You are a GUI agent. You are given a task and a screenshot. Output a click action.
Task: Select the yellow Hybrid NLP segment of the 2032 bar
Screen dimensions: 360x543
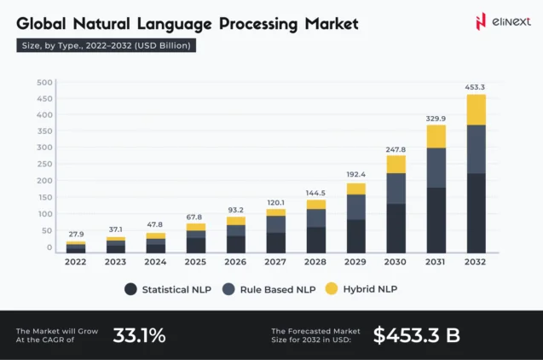pyautogui.click(x=476, y=109)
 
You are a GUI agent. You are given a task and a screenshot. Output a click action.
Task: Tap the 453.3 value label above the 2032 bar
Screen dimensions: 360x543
pyautogui.click(x=476, y=86)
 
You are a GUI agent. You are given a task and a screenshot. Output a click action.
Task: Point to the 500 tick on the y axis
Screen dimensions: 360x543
pyautogui.click(x=44, y=83)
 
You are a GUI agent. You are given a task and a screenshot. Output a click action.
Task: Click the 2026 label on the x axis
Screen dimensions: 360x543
pyautogui.click(x=236, y=262)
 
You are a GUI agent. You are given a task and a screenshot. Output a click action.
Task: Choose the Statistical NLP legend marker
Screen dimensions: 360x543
pyautogui.click(x=130, y=289)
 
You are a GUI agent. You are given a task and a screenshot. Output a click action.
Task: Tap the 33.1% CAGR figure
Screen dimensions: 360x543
pyautogui.click(x=139, y=335)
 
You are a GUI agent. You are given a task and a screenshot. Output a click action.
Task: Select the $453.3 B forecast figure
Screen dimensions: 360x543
pyautogui.click(x=416, y=335)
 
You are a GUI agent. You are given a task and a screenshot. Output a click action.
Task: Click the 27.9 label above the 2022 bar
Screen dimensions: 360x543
pyautogui.click(x=76, y=234)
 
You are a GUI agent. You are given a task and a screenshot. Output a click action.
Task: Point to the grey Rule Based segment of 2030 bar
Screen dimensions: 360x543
pyautogui.click(x=396, y=188)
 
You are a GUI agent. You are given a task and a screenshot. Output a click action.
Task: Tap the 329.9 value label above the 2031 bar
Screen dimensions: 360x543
pyautogui.click(x=436, y=118)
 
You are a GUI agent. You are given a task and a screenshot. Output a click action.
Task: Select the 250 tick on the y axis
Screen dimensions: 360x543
pyautogui.click(x=44, y=165)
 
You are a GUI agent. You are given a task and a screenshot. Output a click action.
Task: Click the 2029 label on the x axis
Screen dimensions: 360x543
pyautogui.click(x=356, y=262)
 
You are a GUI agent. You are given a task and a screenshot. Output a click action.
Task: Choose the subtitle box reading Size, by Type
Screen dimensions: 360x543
pyautogui.click(x=107, y=45)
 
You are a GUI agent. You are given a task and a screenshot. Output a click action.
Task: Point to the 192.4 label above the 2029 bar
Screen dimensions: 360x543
pyautogui.click(x=356, y=175)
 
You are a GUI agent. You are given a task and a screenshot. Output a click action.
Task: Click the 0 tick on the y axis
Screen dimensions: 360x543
pyautogui.click(x=49, y=247)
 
